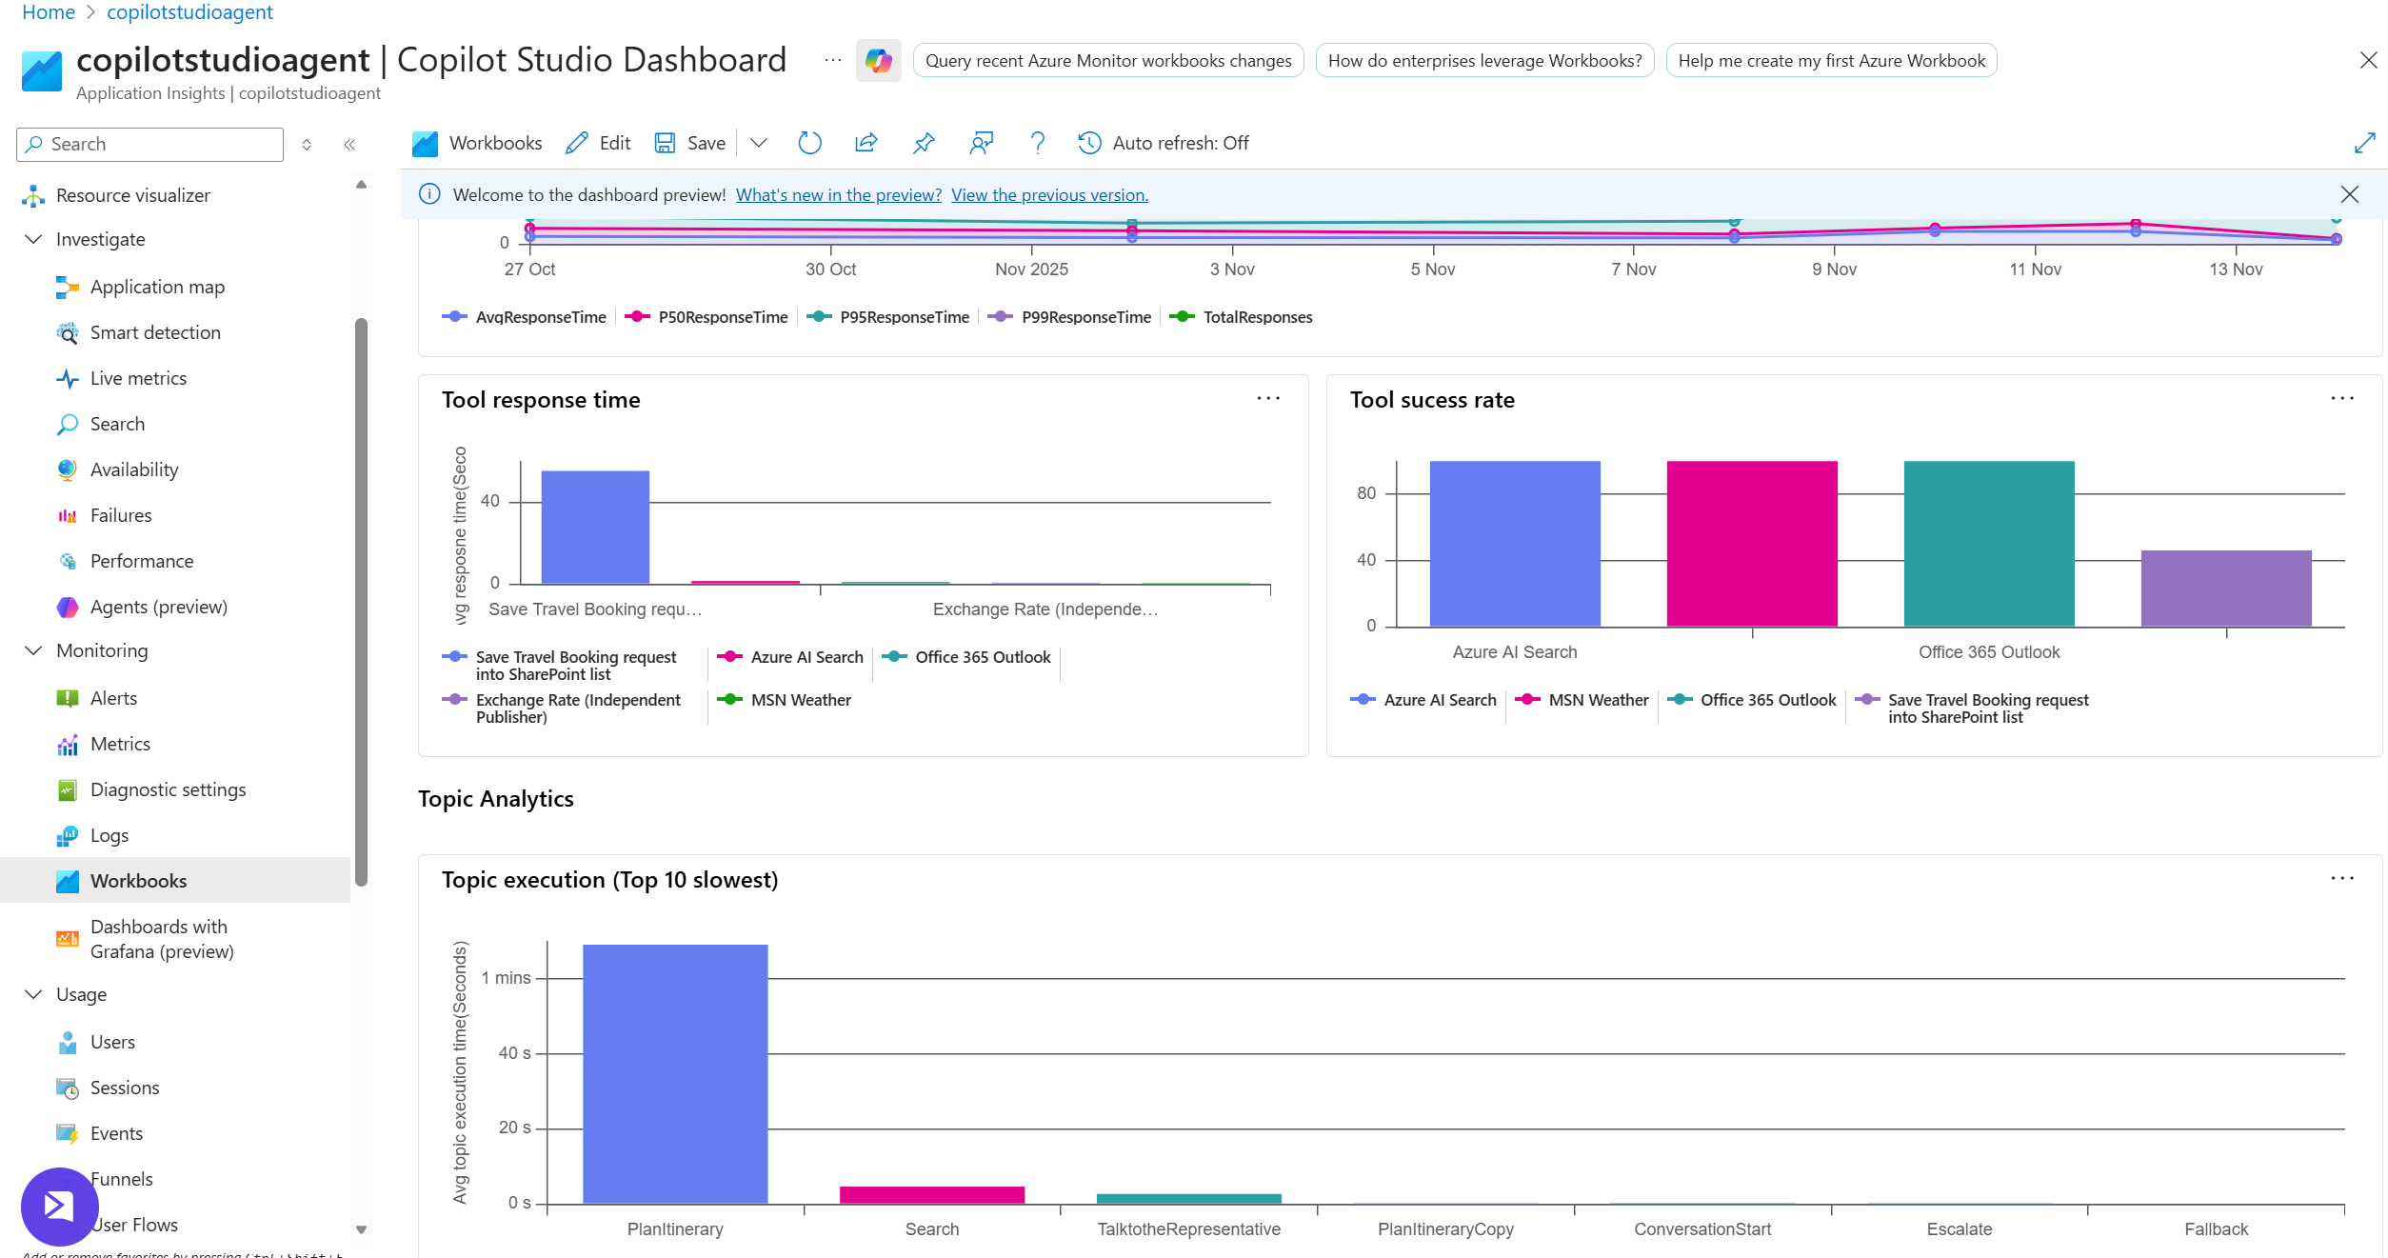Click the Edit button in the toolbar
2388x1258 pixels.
pyautogui.click(x=598, y=143)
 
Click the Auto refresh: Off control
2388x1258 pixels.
pyautogui.click(x=1164, y=143)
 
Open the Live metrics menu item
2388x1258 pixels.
pyautogui.click(x=138, y=378)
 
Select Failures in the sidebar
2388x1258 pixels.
pyautogui.click(x=120, y=515)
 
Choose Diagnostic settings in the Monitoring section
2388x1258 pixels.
pyautogui.click(x=168, y=789)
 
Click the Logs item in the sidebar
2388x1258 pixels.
pyautogui.click(x=109, y=835)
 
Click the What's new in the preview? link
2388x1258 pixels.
pyautogui.click(x=838, y=194)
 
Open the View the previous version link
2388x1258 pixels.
pyautogui.click(x=1049, y=194)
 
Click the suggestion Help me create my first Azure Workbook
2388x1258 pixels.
pyautogui.click(x=1831, y=61)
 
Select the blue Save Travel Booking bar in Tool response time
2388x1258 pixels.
pyautogui.click(x=595, y=527)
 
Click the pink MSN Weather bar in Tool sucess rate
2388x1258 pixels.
pyautogui.click(x=1752, y=543)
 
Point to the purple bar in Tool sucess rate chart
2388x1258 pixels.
pyautogui.click(x=2226, y=588)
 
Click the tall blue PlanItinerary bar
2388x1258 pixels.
pyautogui.click(x=675, y=1073)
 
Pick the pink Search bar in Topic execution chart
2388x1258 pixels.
pyautogui.click(x=931, y=1194)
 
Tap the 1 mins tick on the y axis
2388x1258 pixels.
pyautogui.click(x=507, y=978)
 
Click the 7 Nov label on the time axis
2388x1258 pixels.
pyautogui.click(x=1633, y=270)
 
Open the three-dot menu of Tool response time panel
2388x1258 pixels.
pyautogui.click(x=1268, y=399)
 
